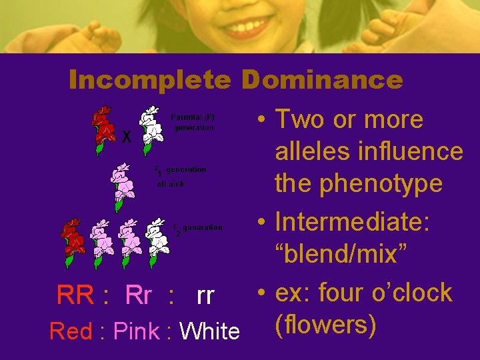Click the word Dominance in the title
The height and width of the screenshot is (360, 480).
(x=322, y=81)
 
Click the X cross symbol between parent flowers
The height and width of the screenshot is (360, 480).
(x=127, y=137)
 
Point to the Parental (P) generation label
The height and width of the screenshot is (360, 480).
(x=193, y=121)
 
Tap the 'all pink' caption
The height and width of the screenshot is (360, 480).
(x=171, y=183)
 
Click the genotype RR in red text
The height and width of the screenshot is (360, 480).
(x=75, y=295)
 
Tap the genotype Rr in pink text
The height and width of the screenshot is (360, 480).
(x=139, y=295)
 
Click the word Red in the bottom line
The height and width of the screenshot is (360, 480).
(x=71, y=331)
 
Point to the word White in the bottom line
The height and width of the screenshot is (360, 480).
(x=210, y=331)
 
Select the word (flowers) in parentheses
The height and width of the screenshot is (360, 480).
(x=325, y=326)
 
